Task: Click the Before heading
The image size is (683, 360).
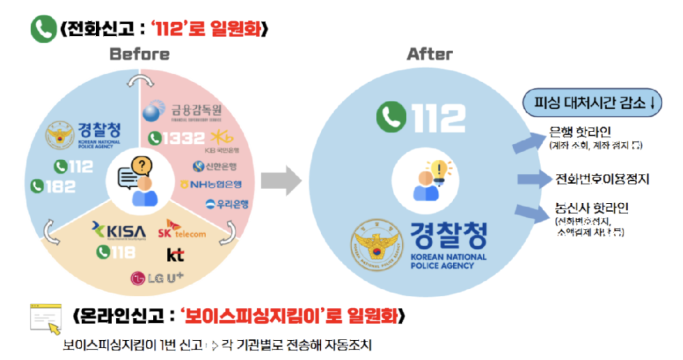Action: [140, 54]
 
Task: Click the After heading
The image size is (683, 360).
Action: [430, 54]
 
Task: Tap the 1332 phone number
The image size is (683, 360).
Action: [177, 138]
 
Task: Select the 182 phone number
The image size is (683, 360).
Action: [53, 186]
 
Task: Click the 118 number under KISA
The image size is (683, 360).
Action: [116, 252]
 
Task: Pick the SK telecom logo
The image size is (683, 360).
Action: [181, 229]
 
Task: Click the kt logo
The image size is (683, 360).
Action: [175, 255]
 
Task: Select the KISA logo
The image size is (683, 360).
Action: [119, 230]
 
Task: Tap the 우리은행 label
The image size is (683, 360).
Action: [227, 204]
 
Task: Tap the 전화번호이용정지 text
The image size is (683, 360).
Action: [602, 180]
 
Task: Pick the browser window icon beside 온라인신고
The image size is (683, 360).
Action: [46, 319]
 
